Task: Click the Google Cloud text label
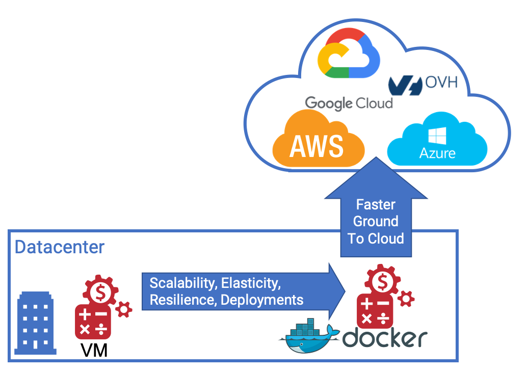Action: [x=349, y=102]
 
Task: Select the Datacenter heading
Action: [x=60, y=247]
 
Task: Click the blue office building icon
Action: [x=35, y=323]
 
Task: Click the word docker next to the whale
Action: [x=385, y=337]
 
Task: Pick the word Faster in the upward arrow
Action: [x=376, y=205]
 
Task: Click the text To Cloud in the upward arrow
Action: [x=376, y=238]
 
